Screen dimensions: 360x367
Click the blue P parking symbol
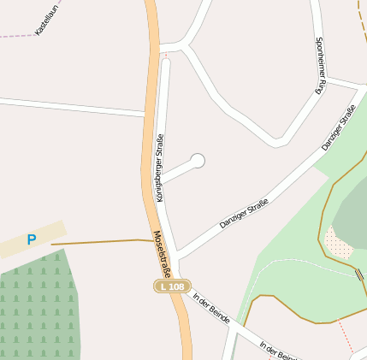(x=32, y=240)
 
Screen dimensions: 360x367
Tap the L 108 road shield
(x=172, y=286)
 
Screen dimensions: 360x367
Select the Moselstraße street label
(x=163, y=250)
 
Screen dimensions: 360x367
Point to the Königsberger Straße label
(x=160, y=168)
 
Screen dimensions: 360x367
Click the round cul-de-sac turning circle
(x=198, y=160)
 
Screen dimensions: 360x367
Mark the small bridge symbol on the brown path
(x=358, y=274)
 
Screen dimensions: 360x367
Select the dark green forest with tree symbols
(x=38, y=308)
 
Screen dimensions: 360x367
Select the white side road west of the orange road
(x=68, y=106)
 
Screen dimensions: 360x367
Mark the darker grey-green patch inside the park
(x=351, y=214)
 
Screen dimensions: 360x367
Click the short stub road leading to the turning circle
(x=178, y=171)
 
